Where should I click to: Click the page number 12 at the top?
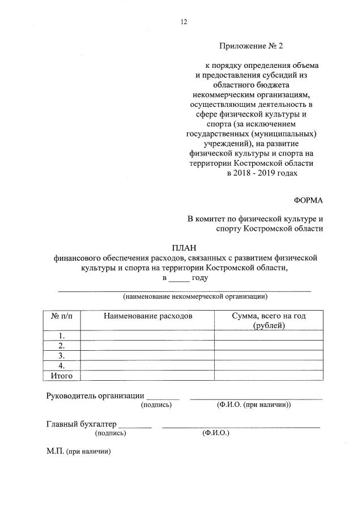[184, 22]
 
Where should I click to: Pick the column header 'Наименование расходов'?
[147, 316]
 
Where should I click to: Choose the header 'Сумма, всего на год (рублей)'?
[269, 320]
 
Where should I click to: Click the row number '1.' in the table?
[62, 335]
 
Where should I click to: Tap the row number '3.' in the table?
[62, 355]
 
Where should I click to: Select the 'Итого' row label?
[62, 375]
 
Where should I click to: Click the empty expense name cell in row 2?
[147, 345]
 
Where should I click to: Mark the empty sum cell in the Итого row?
[269, 375]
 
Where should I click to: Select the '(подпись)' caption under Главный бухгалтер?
[111, 433]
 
